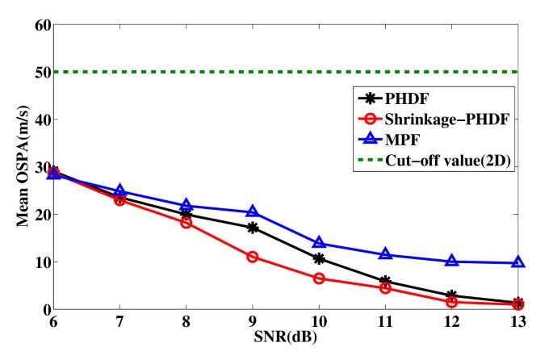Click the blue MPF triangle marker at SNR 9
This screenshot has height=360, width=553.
[253, 212]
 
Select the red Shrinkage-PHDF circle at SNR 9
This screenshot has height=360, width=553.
[253, 257]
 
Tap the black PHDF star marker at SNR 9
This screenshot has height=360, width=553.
[253, 228]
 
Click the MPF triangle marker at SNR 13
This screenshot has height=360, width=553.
[518, 262]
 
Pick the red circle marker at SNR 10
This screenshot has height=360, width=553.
[319, 278]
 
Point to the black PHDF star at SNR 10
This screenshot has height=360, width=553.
[319, 259]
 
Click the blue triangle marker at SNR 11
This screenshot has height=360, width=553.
[385, 254]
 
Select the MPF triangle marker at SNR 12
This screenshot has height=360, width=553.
[452, 261]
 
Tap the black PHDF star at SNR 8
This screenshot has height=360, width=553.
[186, 215]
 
